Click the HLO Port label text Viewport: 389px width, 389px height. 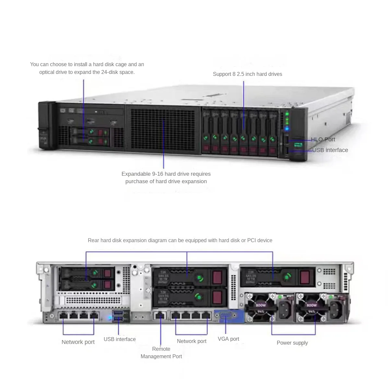(x=323, y=139)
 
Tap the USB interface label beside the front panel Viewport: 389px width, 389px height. (x=330, y=150)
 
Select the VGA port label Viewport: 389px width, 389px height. (x=228, y=339)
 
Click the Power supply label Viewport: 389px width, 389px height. (x=292, y=343)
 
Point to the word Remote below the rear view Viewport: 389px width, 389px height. (x=161, y=349)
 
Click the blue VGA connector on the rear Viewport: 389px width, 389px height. (x=225, y=316)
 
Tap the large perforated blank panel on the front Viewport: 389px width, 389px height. (x=163, y=128)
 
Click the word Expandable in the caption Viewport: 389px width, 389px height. (x=136, y=174)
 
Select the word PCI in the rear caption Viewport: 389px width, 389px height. (x=252, y=240)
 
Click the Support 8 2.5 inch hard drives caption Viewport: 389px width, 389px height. (x=247, y=74)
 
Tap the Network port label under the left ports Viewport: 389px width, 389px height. (x=78, y=342)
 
